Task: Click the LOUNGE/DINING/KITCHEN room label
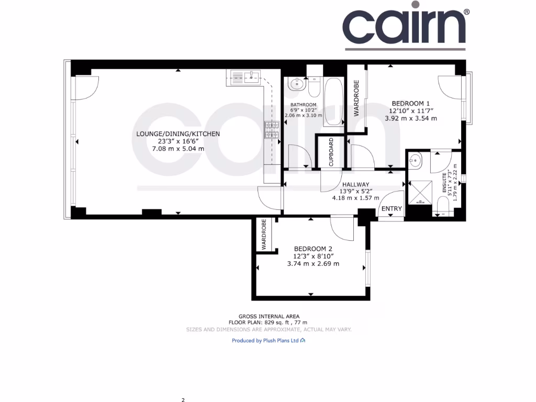tap(177, 134)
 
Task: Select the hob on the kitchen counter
tap(272, 130)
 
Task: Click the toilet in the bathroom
tap(314, 86)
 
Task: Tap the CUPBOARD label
tap(331, 152)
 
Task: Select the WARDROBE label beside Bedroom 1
tap(356, 98)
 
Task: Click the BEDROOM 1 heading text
tap(411, 104)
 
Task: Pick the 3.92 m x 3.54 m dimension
tap(411, 118)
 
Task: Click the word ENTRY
tap(392, 209)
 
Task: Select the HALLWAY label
tap(356, 184)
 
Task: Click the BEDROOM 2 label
tap(313, 249)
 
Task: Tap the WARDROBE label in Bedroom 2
tap(264, 234)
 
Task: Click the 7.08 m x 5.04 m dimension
tap(177, 149)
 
